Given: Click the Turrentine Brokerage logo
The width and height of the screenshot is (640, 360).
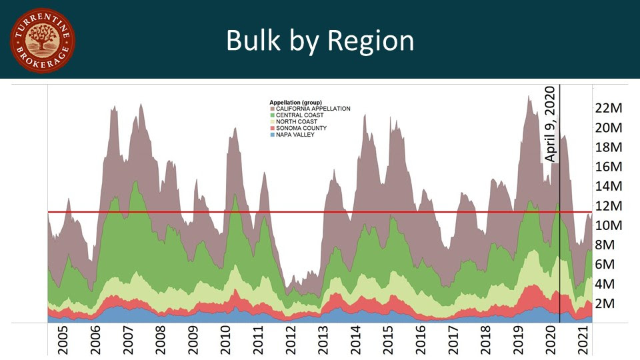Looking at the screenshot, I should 43,41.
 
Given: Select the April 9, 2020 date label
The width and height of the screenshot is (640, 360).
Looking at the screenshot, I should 550,124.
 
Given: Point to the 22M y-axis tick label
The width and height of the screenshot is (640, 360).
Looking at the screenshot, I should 608,107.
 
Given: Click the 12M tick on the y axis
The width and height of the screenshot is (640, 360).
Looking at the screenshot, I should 608,205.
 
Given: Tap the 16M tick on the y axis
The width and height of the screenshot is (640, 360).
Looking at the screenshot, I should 608,166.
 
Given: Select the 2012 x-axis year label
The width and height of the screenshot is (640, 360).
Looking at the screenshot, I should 291,341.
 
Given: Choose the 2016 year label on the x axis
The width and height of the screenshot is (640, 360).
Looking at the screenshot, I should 421,341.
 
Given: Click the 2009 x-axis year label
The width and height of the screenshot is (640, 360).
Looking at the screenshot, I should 193,341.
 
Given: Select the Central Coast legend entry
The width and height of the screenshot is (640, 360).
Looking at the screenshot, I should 300,115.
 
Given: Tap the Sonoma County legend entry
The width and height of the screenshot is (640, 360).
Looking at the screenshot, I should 301,128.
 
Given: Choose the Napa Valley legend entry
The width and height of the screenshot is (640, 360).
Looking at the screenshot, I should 297,135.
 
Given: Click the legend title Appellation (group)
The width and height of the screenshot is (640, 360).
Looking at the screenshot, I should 295,103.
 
